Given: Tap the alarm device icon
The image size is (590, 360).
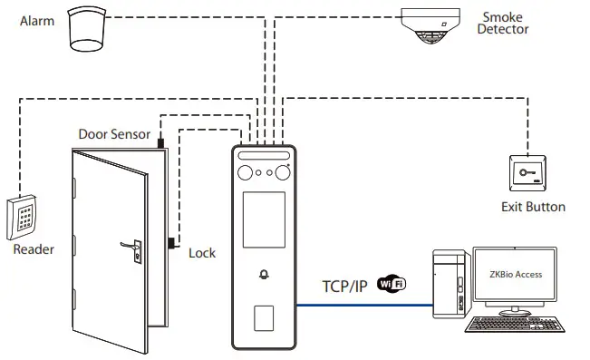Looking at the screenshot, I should [89, 31].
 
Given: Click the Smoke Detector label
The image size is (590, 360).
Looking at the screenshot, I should [505, 23].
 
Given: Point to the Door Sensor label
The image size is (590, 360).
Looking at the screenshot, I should [114, 134].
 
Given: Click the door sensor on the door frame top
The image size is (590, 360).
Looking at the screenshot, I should [160, 143].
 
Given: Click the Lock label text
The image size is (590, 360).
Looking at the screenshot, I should [201, 253].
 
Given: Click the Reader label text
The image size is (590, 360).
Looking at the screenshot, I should [33, 249].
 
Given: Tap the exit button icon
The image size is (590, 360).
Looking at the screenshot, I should [525, 173].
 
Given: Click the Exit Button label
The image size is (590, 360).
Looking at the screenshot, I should [533, 207].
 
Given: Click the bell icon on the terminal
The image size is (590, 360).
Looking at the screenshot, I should [265, 275].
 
